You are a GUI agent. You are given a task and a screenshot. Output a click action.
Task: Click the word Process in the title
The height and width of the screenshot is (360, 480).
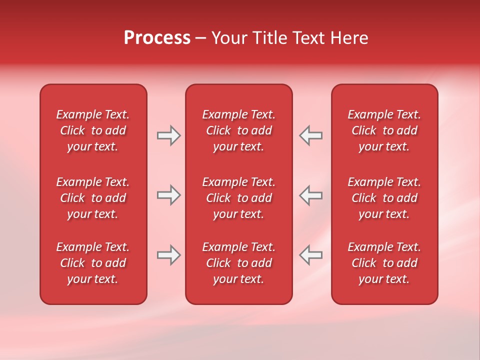point(157,38)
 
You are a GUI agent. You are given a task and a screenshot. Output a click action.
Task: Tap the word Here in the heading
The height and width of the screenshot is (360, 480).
point(349,38)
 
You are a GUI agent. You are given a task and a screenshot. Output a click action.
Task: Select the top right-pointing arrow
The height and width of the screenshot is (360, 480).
point(169,135)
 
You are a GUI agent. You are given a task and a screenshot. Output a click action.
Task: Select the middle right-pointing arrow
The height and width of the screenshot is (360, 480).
point(169,195)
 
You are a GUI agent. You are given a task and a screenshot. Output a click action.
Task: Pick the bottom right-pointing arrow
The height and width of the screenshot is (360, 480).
point(169,255)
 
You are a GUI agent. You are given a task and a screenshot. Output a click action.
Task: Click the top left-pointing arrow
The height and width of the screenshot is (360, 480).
point(310,135)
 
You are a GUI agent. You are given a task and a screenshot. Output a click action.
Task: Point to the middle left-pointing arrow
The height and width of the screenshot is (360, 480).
point(310,195)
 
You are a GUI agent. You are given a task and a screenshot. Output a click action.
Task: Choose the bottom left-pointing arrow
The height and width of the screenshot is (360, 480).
point(310,255)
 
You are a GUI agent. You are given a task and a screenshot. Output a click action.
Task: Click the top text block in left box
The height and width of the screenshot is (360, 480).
point(93,130)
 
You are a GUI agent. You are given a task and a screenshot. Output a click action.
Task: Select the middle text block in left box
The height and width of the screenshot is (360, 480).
point(93,198)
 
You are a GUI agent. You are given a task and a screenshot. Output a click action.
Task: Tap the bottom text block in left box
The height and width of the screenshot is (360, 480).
point(93,263)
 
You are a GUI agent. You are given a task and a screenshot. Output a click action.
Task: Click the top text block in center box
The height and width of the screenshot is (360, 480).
point(238,130)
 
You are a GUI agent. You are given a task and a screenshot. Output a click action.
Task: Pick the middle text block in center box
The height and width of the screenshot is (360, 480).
point(238,198)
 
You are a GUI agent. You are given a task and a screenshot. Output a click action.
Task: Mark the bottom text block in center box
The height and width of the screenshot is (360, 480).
point(238,263)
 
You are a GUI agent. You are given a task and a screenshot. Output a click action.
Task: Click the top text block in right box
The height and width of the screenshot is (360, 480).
point(384,130)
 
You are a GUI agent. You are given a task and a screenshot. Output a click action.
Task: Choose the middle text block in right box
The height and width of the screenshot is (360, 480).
point(384,198)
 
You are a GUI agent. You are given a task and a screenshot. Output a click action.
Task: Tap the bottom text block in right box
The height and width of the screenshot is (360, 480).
point(384,263)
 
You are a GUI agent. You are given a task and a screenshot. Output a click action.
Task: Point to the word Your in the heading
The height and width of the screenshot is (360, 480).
point(229,38)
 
